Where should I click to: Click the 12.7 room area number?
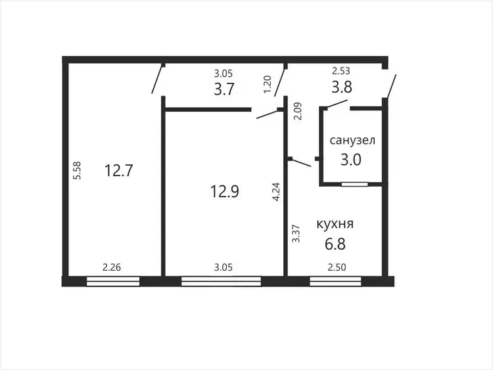(x=119, y=171)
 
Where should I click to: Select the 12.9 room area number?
(x=225, y=191)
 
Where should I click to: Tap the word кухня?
(x=335, y=224)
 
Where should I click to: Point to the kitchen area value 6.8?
(x=335, y=244)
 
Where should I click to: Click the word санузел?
(x=352, y=140)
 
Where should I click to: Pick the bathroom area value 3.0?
(x=351, y=160)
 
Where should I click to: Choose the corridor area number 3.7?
(x=224, y=89)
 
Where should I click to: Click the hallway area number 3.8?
(x=342, y=87)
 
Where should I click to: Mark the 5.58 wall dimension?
(x=77, y=170)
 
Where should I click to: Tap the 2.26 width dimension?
(x=112, y=267)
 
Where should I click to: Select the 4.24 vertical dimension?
(x=276, y=192)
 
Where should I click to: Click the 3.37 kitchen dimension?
(x=296, y=233)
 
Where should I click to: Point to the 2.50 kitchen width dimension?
(x=337, y=267)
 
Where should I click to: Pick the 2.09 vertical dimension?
(x=297, y=111)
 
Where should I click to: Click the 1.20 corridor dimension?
(x=267, y=84)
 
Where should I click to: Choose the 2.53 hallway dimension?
(x=341, y=71)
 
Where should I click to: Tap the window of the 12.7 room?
(x=113, y=281)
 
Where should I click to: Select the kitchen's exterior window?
(x=335, y=281)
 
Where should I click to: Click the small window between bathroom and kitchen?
(x=355, y=184)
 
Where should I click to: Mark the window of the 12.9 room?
(x=222, y=281)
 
